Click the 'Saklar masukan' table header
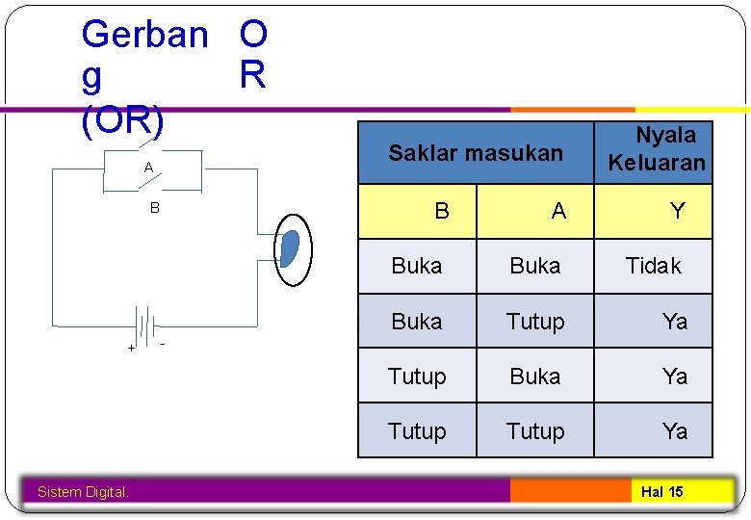(x=476, y=152)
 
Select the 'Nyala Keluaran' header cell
(x=657, y=150)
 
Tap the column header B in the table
(x=441, y=211)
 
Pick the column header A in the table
(x=558, y=211)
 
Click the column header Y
(x=677, y=211)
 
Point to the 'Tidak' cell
(x=653, y=266)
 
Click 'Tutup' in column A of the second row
(x=535, y=321)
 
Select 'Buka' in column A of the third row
(x=535, y=376)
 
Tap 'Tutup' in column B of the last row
(x=417, y=430)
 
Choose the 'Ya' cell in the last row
(x=675, y=430)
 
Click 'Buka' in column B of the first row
(x=417, y=266)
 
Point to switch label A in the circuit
(x=148, y=168)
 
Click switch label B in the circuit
(x=154, y=207)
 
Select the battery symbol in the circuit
(x=144, y=325)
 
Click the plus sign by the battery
(x=131, y=348)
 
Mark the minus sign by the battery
(x=163, y=343)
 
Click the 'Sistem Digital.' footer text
(x=83, y=492)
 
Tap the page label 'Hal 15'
(x=661, y=492)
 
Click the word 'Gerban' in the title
(x=144, y=35)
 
